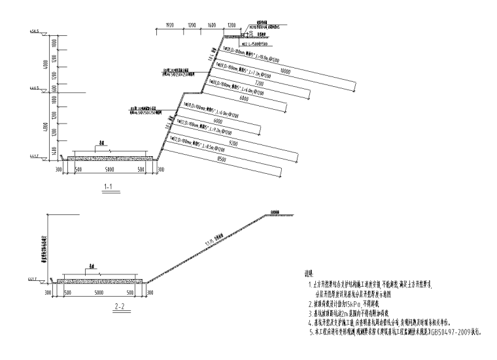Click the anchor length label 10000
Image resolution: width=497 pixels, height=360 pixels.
284,70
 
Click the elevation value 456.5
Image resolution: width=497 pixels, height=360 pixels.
35,31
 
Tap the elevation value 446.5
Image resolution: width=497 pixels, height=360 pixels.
35,88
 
